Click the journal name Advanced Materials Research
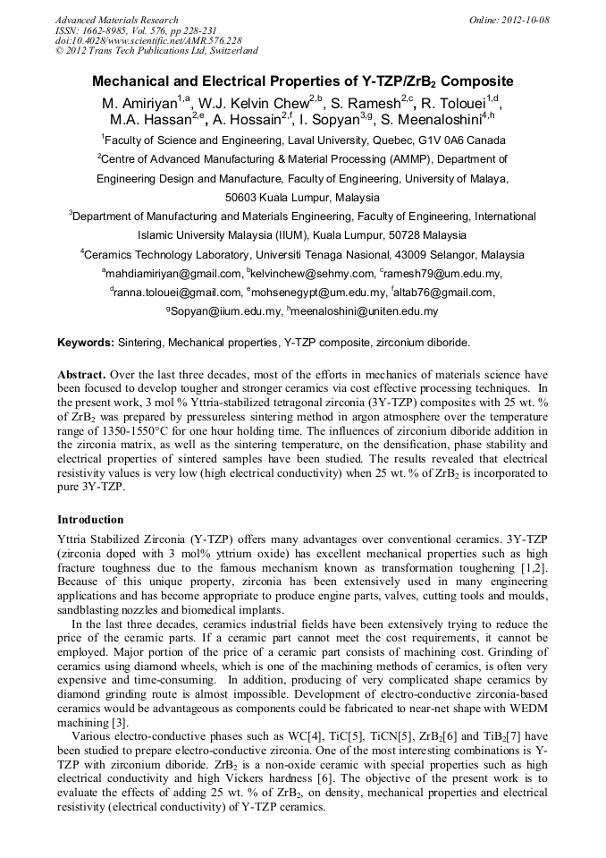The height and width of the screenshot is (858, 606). click(117, 20)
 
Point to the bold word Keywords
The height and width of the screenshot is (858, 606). click(86, 343)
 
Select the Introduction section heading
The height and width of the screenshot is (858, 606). click(90, 519)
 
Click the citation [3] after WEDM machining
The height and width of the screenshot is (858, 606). click(118, 722)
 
